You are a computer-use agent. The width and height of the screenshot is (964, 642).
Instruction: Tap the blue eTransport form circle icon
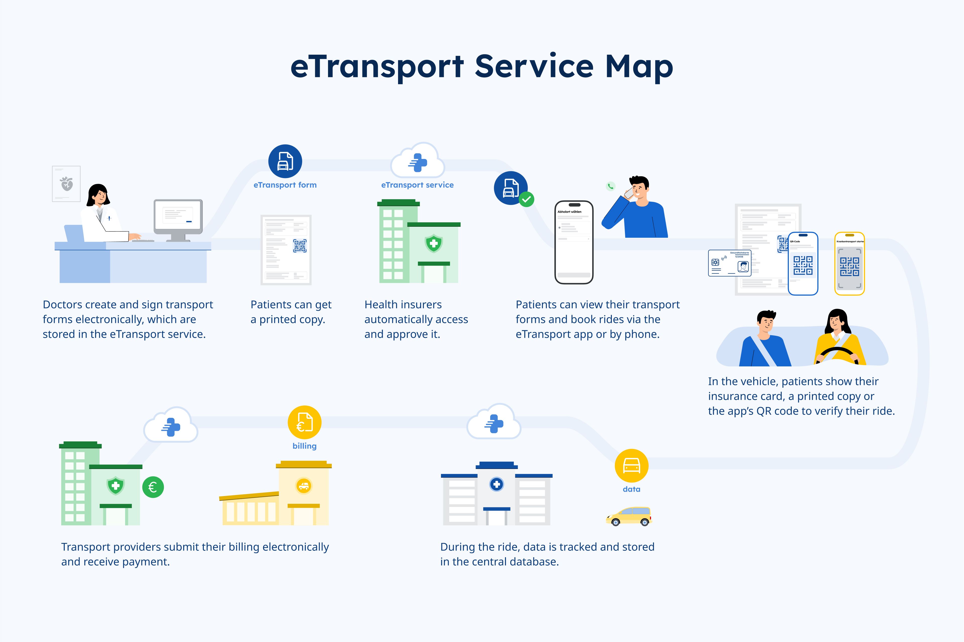(x=285, y=161)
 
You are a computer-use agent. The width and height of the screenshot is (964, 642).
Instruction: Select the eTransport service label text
(x=417, y=185)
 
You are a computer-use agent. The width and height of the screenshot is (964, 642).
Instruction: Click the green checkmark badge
(x=527, y=199)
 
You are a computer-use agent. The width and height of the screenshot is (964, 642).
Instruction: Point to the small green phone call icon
(x=610, y=186)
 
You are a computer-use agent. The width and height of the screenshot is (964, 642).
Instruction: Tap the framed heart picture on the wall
(x=66, y=184)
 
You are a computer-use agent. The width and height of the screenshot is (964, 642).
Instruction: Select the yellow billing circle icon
(x=304, y=422)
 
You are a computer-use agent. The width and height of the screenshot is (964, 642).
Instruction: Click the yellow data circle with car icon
(x=631, y=465)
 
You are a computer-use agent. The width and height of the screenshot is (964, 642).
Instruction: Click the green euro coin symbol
(x=153, y=487)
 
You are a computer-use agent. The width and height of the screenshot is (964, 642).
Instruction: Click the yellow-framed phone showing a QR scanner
(x=849, y=263)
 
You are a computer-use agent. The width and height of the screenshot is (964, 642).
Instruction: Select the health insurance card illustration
(x=729, y=263)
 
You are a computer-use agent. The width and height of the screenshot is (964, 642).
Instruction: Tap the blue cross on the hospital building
(x=496, y=484)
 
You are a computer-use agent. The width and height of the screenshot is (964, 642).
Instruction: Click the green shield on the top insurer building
(x=433, y=244)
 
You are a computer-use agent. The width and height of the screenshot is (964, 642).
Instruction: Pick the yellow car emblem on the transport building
(x=304, y=486)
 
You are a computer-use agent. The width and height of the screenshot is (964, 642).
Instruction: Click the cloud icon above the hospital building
(x=494, y=423)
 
